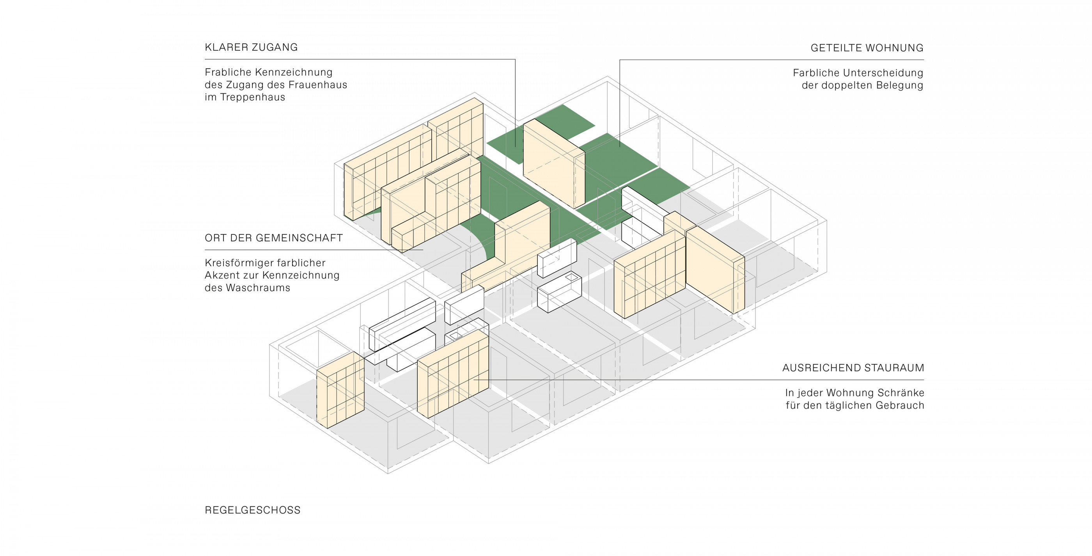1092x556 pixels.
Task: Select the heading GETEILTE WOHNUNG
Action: [867, 48]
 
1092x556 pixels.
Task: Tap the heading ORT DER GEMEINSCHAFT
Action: [274, 238]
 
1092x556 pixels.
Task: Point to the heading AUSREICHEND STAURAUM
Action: [853, 368]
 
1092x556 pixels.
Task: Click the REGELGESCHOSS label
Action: [253, 510]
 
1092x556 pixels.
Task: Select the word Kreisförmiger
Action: [239, 263]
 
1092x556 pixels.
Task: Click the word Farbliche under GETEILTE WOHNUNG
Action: [812, 73]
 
